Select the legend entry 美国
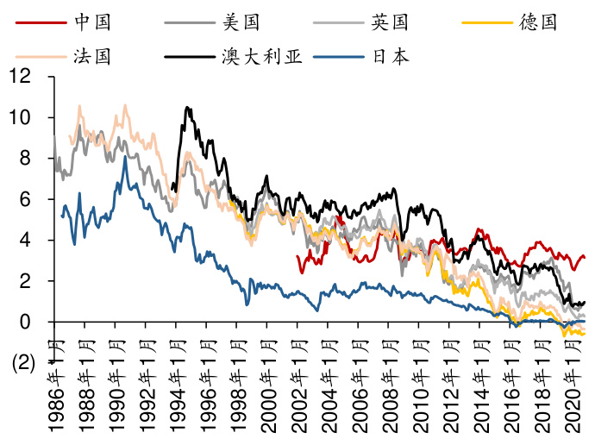click(x=241, y=21)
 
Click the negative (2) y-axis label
click(x=23, y=364)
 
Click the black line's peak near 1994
click(x=187, y=108)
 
